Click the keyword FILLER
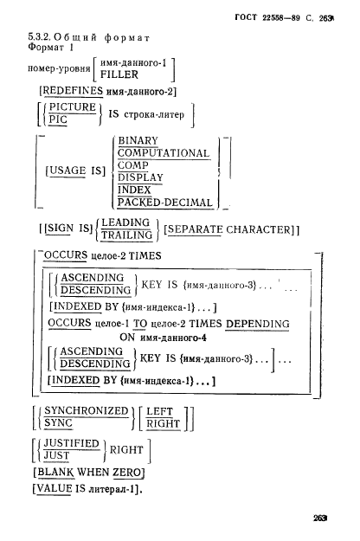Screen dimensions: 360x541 tap(119, 74)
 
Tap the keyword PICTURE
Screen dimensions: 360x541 tap(73, 107)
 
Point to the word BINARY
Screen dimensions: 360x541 tap(138, 140)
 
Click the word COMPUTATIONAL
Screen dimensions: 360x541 tap(164, 153)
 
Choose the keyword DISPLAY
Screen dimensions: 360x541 tap(140, 177)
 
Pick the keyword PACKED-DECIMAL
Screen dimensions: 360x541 tap(164, 203)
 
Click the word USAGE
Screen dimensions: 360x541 tap(67, 171)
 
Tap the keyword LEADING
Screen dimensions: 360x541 tap(125, 222)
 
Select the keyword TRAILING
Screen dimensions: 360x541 tap(126, 235)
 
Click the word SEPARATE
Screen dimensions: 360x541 tap(196, 229)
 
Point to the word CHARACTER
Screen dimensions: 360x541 tap(259, 229)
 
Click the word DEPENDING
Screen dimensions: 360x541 tap(257, 324)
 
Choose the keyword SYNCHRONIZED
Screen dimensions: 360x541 tap(87, 410)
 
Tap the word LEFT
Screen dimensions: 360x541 tap(159, 411)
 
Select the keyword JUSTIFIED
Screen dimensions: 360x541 tap(71, 443)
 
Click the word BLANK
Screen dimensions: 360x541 tap(55, 472)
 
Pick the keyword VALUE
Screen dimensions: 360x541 tap(55, 488)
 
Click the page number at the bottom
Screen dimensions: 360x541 tap(319, 518)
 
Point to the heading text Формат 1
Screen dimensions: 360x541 tap(51, 47)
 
